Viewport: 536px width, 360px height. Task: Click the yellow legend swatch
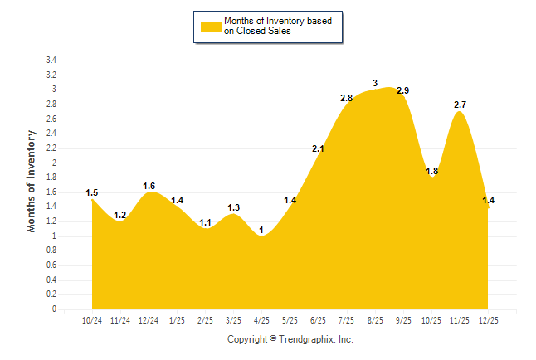pos(211,26)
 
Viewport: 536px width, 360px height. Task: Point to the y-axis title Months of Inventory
pos(32,181)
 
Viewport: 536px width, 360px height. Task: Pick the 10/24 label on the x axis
pos(92,319)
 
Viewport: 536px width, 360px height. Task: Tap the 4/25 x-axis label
pos(262,319)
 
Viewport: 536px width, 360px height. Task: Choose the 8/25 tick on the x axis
pos(375,319)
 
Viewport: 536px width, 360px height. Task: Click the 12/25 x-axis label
pos(489,319)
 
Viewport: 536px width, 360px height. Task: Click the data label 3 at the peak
pos(375,83)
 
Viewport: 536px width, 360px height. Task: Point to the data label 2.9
pos(403,90)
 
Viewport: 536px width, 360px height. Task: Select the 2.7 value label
pos(460,105)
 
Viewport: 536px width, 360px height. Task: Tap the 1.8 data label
pos(431,171)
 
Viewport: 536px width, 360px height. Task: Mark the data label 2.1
pos(319,148)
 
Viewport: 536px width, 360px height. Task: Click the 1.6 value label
pos(149,186)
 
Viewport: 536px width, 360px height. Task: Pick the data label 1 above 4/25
pos(262,230)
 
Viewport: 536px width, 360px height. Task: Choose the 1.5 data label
pos(92,193)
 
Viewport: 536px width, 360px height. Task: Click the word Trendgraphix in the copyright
pos(307,339)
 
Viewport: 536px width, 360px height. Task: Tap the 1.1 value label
pos(206,222)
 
